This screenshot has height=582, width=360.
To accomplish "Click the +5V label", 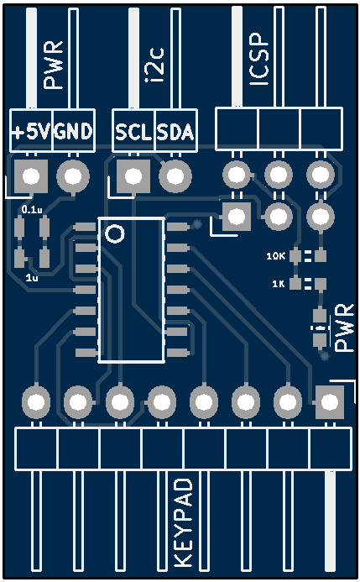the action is coord(31,131).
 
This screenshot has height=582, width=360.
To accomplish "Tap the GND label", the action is coord(73,131).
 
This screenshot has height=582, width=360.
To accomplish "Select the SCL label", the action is coord(133,132).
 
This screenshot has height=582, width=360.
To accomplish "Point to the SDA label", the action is coord(175,132).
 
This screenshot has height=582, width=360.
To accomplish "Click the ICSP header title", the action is coord(258,60).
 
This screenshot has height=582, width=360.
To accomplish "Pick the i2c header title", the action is coord(154,65).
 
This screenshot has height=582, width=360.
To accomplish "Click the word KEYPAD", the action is coord(184,522).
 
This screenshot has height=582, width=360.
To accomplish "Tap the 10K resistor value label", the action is coord(276,256).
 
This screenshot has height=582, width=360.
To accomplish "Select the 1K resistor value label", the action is coord(279,284).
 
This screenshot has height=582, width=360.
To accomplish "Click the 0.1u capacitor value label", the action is coord(32,210).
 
